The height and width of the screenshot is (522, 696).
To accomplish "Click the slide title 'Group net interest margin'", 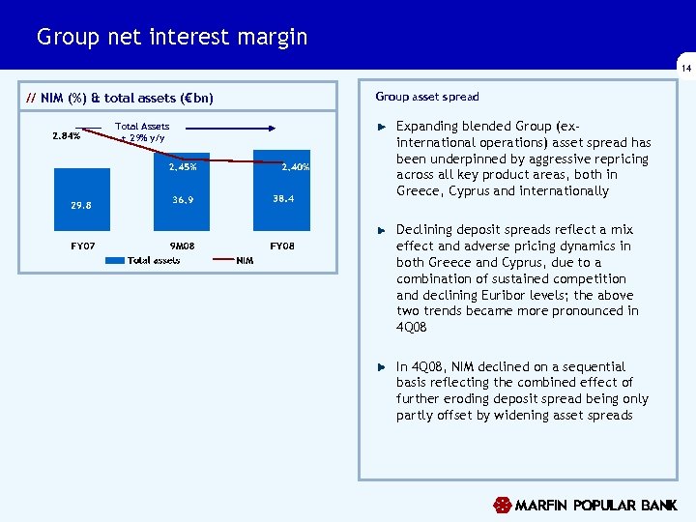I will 172,38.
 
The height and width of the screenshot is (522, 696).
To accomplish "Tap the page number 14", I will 685,69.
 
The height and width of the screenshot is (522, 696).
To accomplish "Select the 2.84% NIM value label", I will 66,136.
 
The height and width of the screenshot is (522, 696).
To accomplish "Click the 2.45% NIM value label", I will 182,167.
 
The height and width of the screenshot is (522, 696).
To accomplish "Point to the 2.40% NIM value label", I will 295,167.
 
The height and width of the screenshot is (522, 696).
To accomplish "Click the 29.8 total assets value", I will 81,205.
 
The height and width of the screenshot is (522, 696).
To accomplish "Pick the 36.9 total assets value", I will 183,200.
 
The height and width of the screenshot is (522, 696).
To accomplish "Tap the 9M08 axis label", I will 182,246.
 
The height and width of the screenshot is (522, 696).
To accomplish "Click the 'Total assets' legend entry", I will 154,260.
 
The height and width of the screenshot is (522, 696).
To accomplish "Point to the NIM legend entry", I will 245,260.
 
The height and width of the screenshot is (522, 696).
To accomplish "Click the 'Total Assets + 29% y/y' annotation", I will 142,131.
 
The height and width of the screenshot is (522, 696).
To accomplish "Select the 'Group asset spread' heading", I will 427,97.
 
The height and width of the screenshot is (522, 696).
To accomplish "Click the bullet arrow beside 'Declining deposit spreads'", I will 382,230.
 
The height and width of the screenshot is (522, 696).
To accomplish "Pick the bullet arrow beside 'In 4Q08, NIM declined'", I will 382,367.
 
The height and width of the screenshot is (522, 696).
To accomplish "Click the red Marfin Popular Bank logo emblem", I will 502,505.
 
